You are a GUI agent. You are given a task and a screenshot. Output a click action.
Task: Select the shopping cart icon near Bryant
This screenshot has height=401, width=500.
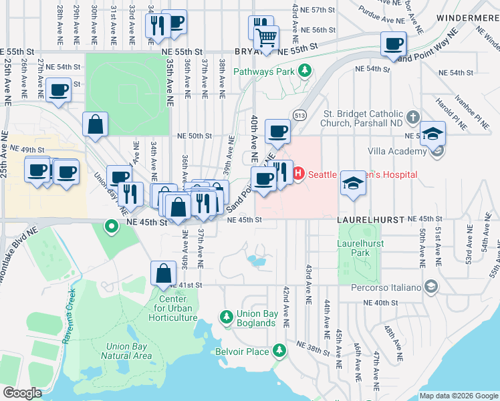tap(267, 37)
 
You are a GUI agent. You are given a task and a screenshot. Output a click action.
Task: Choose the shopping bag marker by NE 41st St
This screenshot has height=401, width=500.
tap(164, 273)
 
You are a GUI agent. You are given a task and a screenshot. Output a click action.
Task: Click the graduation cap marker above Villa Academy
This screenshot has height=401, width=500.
tap(432, 132)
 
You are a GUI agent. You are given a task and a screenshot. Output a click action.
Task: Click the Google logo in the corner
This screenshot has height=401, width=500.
tap(22, 392)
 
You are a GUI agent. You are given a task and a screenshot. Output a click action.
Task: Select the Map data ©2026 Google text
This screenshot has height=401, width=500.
tap(458, 396)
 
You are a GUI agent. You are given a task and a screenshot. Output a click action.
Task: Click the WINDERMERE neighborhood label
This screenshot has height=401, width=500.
tap(467, 17)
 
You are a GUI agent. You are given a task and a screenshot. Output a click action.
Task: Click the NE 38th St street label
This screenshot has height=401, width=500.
tap(305, 348)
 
